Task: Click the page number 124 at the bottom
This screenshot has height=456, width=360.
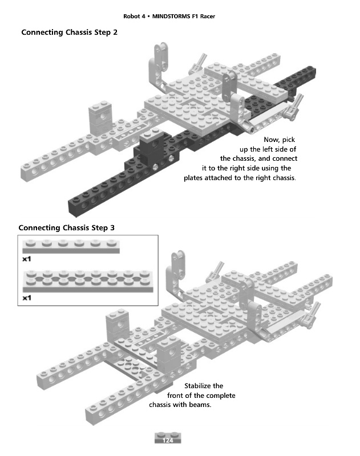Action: coord(168,440)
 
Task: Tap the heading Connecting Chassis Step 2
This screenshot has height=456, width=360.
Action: coord(69,32)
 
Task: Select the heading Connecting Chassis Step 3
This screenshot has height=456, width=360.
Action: coord(66,227)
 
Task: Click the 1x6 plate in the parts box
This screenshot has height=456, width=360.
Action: coord(71,247)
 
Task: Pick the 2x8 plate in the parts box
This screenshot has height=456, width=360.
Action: coord(88,281)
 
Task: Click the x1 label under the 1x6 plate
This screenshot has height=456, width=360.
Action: coord(26,259)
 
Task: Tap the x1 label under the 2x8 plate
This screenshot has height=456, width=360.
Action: coord(26,298)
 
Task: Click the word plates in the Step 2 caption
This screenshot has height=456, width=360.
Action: coord(193,178)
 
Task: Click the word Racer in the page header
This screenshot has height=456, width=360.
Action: coord(208,17)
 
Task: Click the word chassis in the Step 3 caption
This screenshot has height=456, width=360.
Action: coord(159,405)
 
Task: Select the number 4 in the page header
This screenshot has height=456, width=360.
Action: coord(143,17)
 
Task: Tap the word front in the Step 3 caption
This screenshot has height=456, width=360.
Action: coord(175,396)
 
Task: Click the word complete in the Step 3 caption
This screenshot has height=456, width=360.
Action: coord(221,396)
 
